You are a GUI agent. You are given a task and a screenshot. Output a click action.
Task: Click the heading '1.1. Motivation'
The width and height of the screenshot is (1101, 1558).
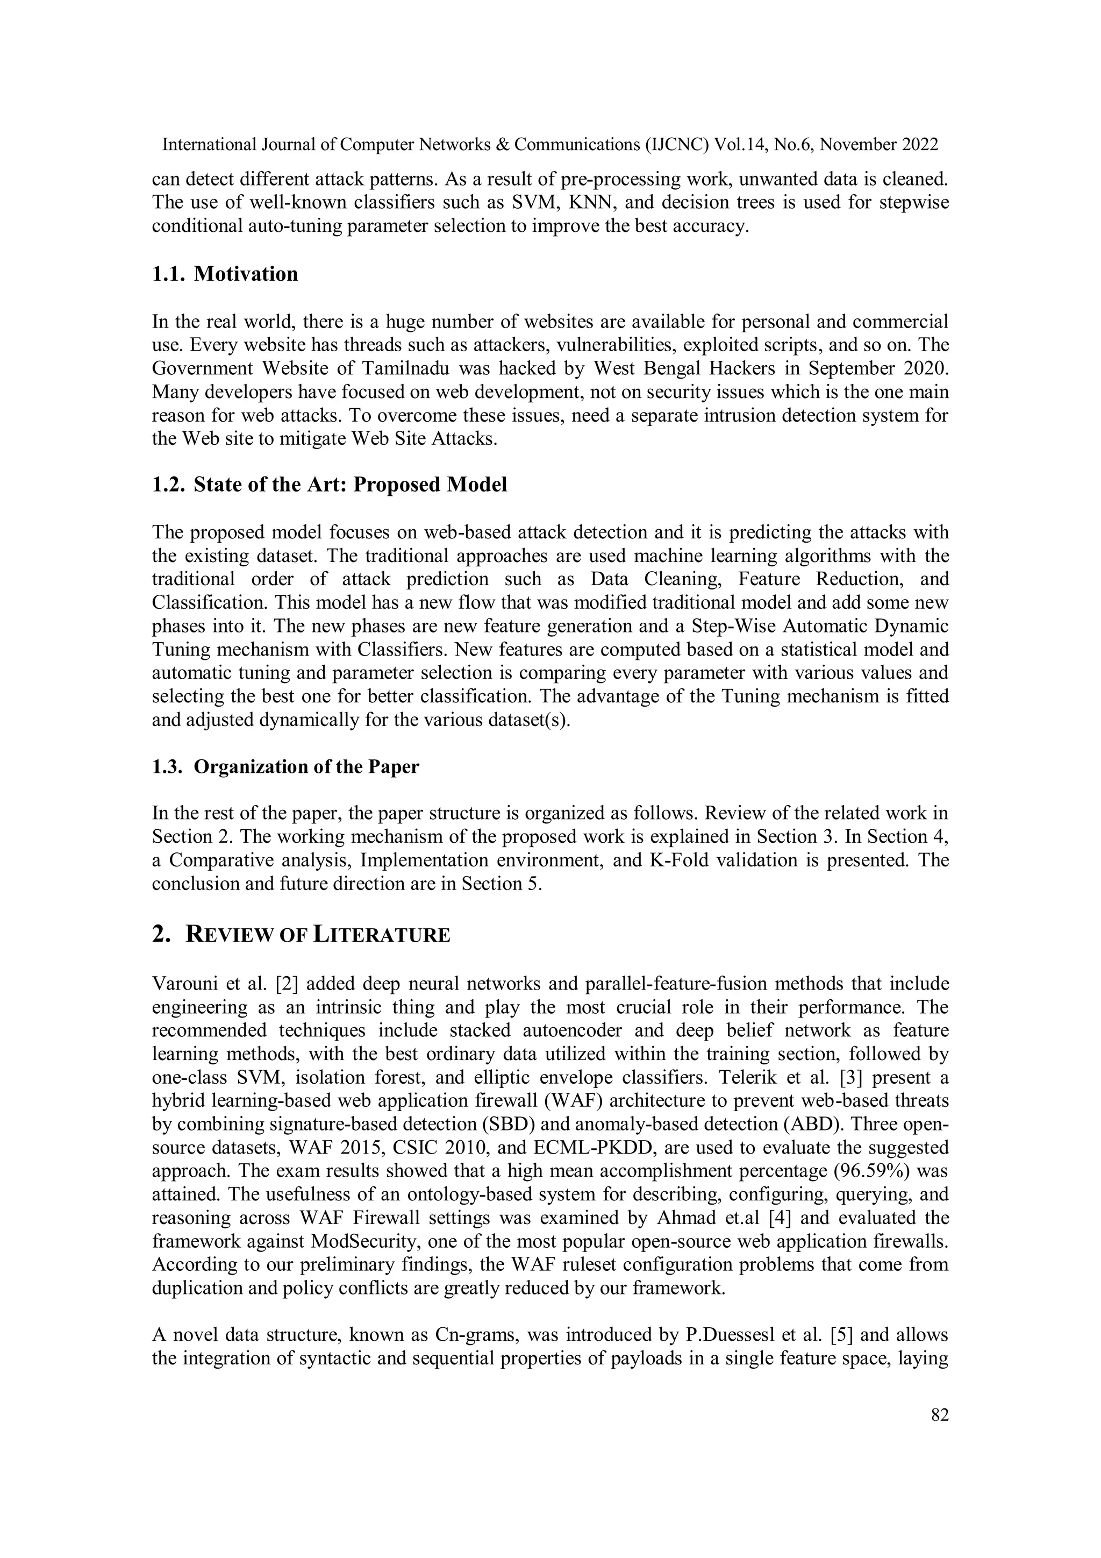point(225,274)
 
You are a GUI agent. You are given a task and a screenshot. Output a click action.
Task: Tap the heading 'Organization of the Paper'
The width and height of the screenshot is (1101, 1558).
point(306,767)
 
